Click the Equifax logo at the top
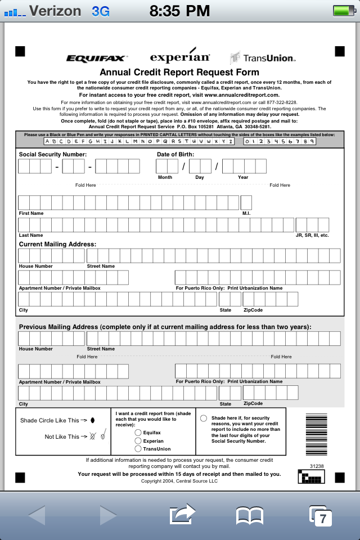point(97,58)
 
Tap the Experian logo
point(180,57)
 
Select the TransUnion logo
point(263,58)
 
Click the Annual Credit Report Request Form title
point(179,72)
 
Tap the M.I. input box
point(246,202)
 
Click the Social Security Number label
point(53,154)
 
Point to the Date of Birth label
point(175,154)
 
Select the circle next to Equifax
point(138,433)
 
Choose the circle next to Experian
point(138,441)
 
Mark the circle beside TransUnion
point(138,449)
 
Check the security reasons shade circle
point(204,418)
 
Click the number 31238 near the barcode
point(317,466)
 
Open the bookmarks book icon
point(250,515)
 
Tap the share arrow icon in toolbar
point(182,514)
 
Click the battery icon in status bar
point(343,11)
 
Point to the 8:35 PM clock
point(180,11)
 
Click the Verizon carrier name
point(55,11)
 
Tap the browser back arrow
point(36,515)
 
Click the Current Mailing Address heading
point(57,244)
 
